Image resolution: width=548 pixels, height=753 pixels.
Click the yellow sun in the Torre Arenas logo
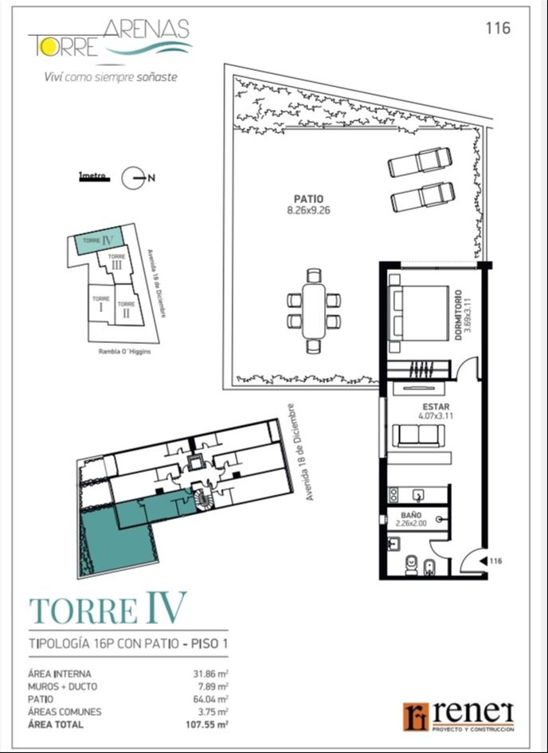pos(49,46)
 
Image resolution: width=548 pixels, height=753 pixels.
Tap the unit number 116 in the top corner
pos(498,29)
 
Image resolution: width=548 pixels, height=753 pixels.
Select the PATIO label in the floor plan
pos(308,199)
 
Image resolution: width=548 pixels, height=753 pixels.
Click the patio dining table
pos(314,310)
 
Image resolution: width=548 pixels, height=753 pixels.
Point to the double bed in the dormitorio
pos(418,313)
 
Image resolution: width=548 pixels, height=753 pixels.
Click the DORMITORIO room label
pos(458,314)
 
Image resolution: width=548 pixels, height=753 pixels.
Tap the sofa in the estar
pos(418,435)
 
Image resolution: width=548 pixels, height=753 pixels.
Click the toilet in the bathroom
pos(412,565)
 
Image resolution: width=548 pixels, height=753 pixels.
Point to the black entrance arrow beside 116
pos(484,560)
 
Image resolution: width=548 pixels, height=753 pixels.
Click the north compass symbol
pos(133,178)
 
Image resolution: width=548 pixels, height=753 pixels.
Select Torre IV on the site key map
pos(99,241)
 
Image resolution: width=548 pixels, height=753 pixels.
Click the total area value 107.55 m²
pos(207,724)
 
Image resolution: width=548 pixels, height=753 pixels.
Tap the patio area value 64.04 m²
pos(210,699)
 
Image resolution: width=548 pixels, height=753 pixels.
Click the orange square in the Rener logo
pos(416,717)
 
